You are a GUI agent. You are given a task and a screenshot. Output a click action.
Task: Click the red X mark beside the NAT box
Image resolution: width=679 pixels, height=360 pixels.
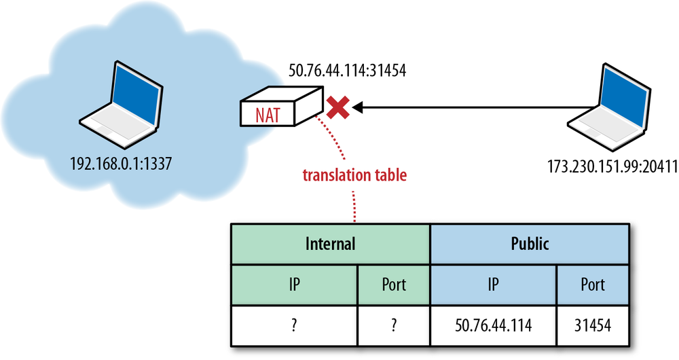(337, 107)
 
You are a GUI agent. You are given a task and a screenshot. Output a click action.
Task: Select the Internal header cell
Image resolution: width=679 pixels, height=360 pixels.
(330, 244)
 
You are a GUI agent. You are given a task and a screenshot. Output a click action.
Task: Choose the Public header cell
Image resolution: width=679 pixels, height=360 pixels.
(530, 244)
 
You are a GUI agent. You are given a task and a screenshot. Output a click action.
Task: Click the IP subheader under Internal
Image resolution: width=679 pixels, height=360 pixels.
(294, 284)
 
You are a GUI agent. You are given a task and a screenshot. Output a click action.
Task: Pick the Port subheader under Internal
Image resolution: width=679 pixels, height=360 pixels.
(393, 284)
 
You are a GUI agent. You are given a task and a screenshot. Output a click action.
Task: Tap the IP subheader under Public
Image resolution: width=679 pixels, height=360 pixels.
(493, 284)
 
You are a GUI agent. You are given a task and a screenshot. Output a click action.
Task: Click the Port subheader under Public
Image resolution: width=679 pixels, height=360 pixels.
(593, 284)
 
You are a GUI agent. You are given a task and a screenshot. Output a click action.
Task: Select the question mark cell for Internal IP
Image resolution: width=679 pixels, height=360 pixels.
(294, 325)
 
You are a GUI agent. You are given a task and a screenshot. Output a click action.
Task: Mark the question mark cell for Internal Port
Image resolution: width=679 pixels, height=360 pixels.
(393, 325)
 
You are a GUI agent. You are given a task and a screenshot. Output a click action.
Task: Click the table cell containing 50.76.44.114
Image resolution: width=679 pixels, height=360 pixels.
(493, 325)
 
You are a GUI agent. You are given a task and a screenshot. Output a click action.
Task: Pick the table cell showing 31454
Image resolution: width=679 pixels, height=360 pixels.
(593, 325)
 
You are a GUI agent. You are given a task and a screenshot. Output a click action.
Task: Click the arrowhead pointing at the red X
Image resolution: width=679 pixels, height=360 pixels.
(357, 107)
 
